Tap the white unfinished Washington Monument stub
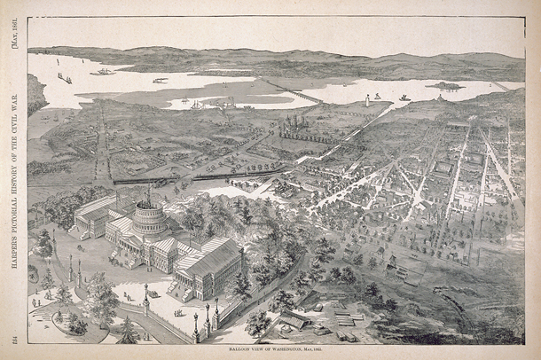point(366,101)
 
